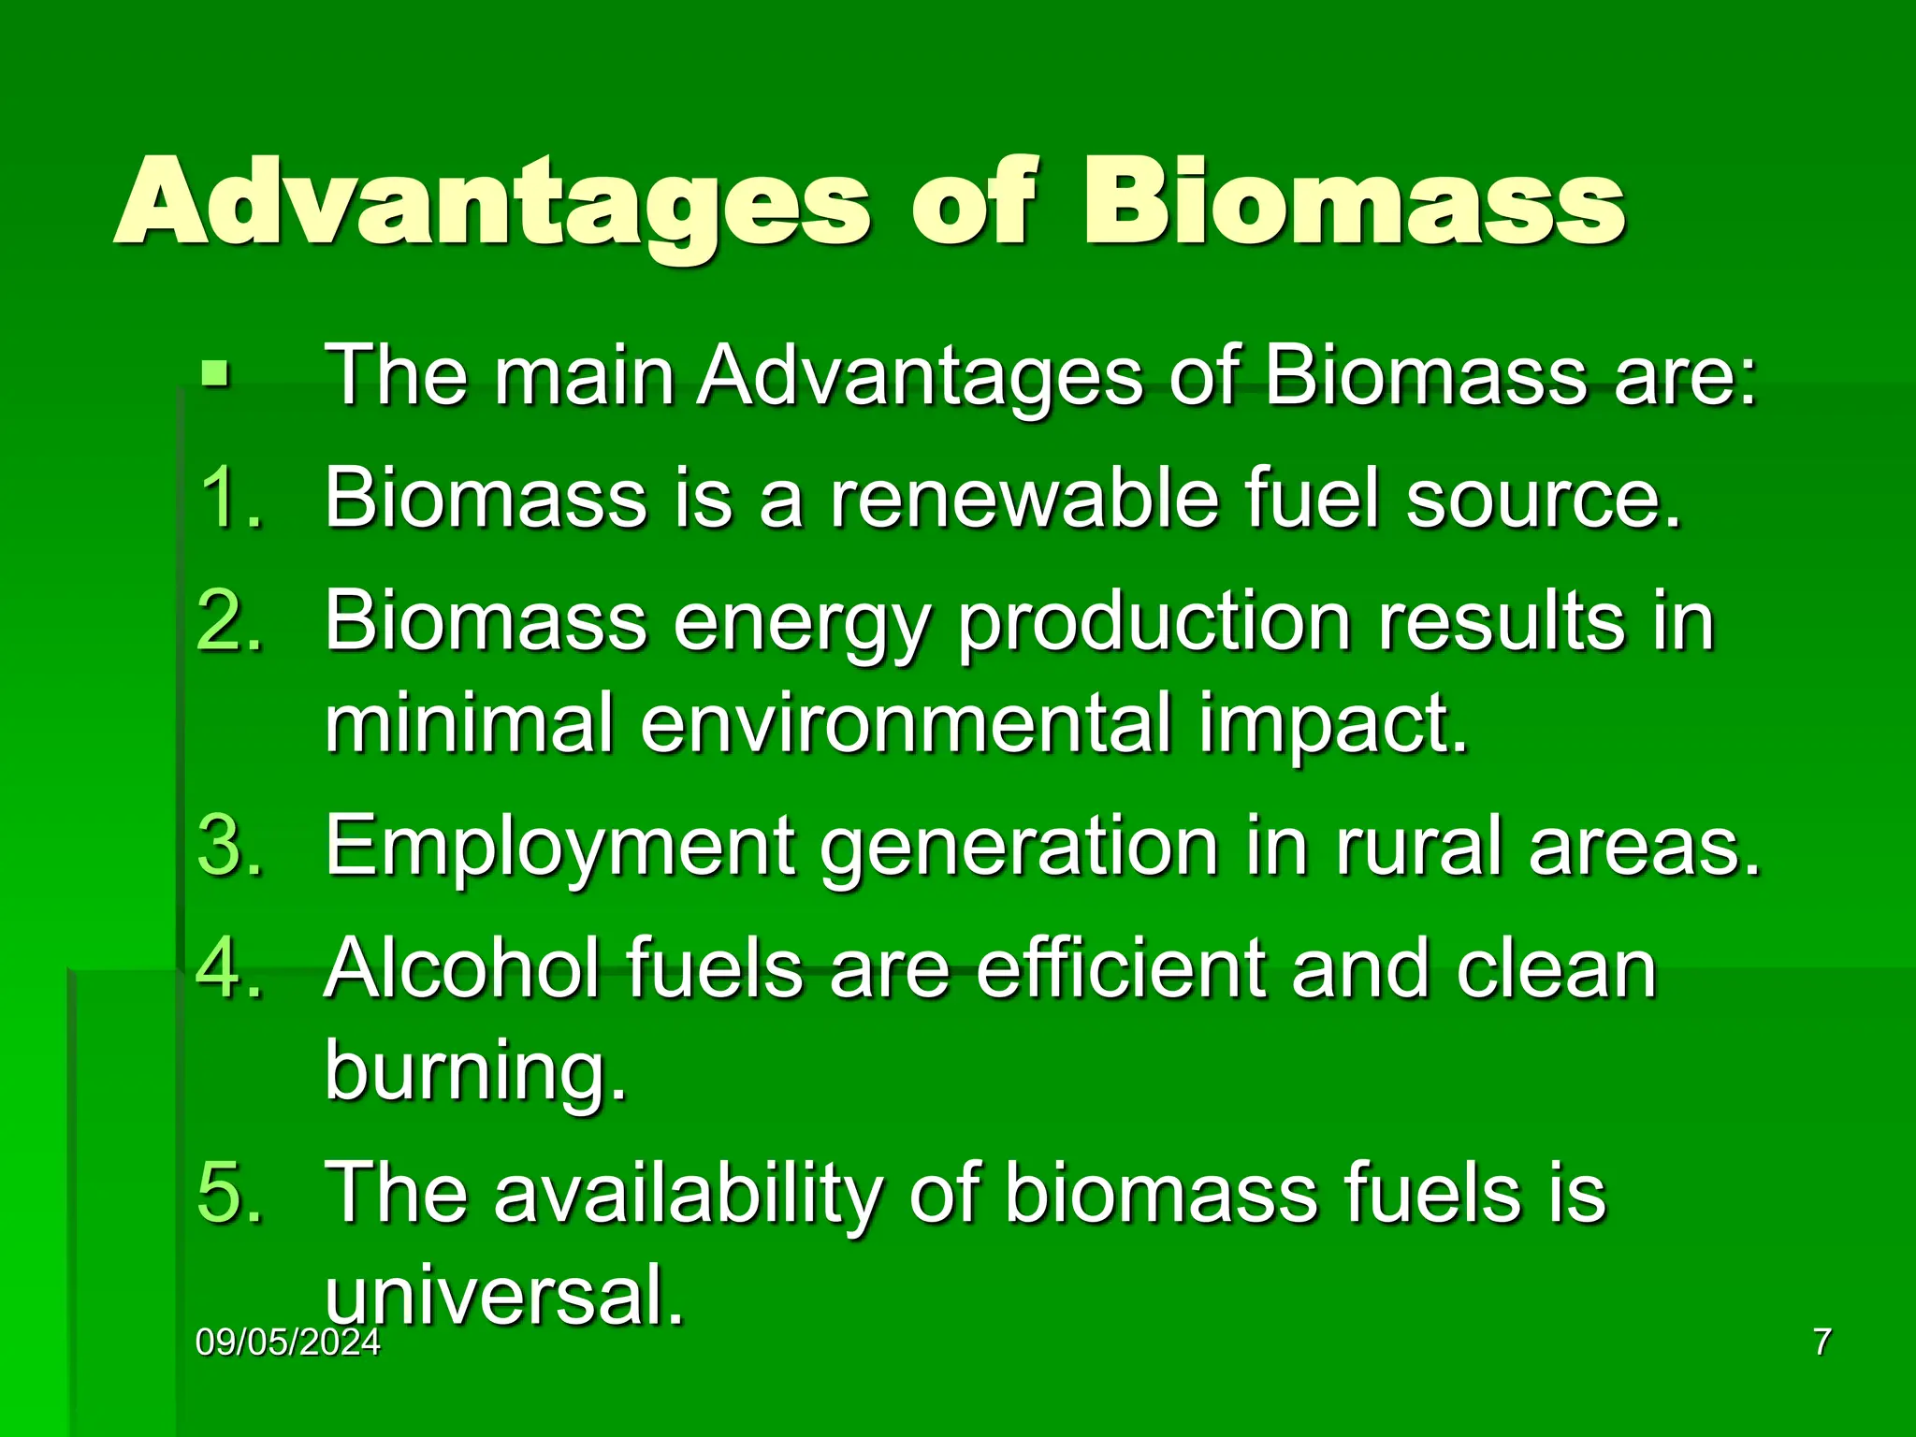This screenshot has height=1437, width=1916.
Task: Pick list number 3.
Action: pyautogui.click(x=230, y=845)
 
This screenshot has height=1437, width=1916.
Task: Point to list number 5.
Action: pyautogui.click(x=230, y=1192)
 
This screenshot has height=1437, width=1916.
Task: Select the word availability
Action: pyautogui.click(x=688, y=1194)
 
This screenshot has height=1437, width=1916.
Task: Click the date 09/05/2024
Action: pyautogui.click(x=288, y=1343)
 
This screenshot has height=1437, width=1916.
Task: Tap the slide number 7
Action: pyautogui.click(x=1822, y=1343)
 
